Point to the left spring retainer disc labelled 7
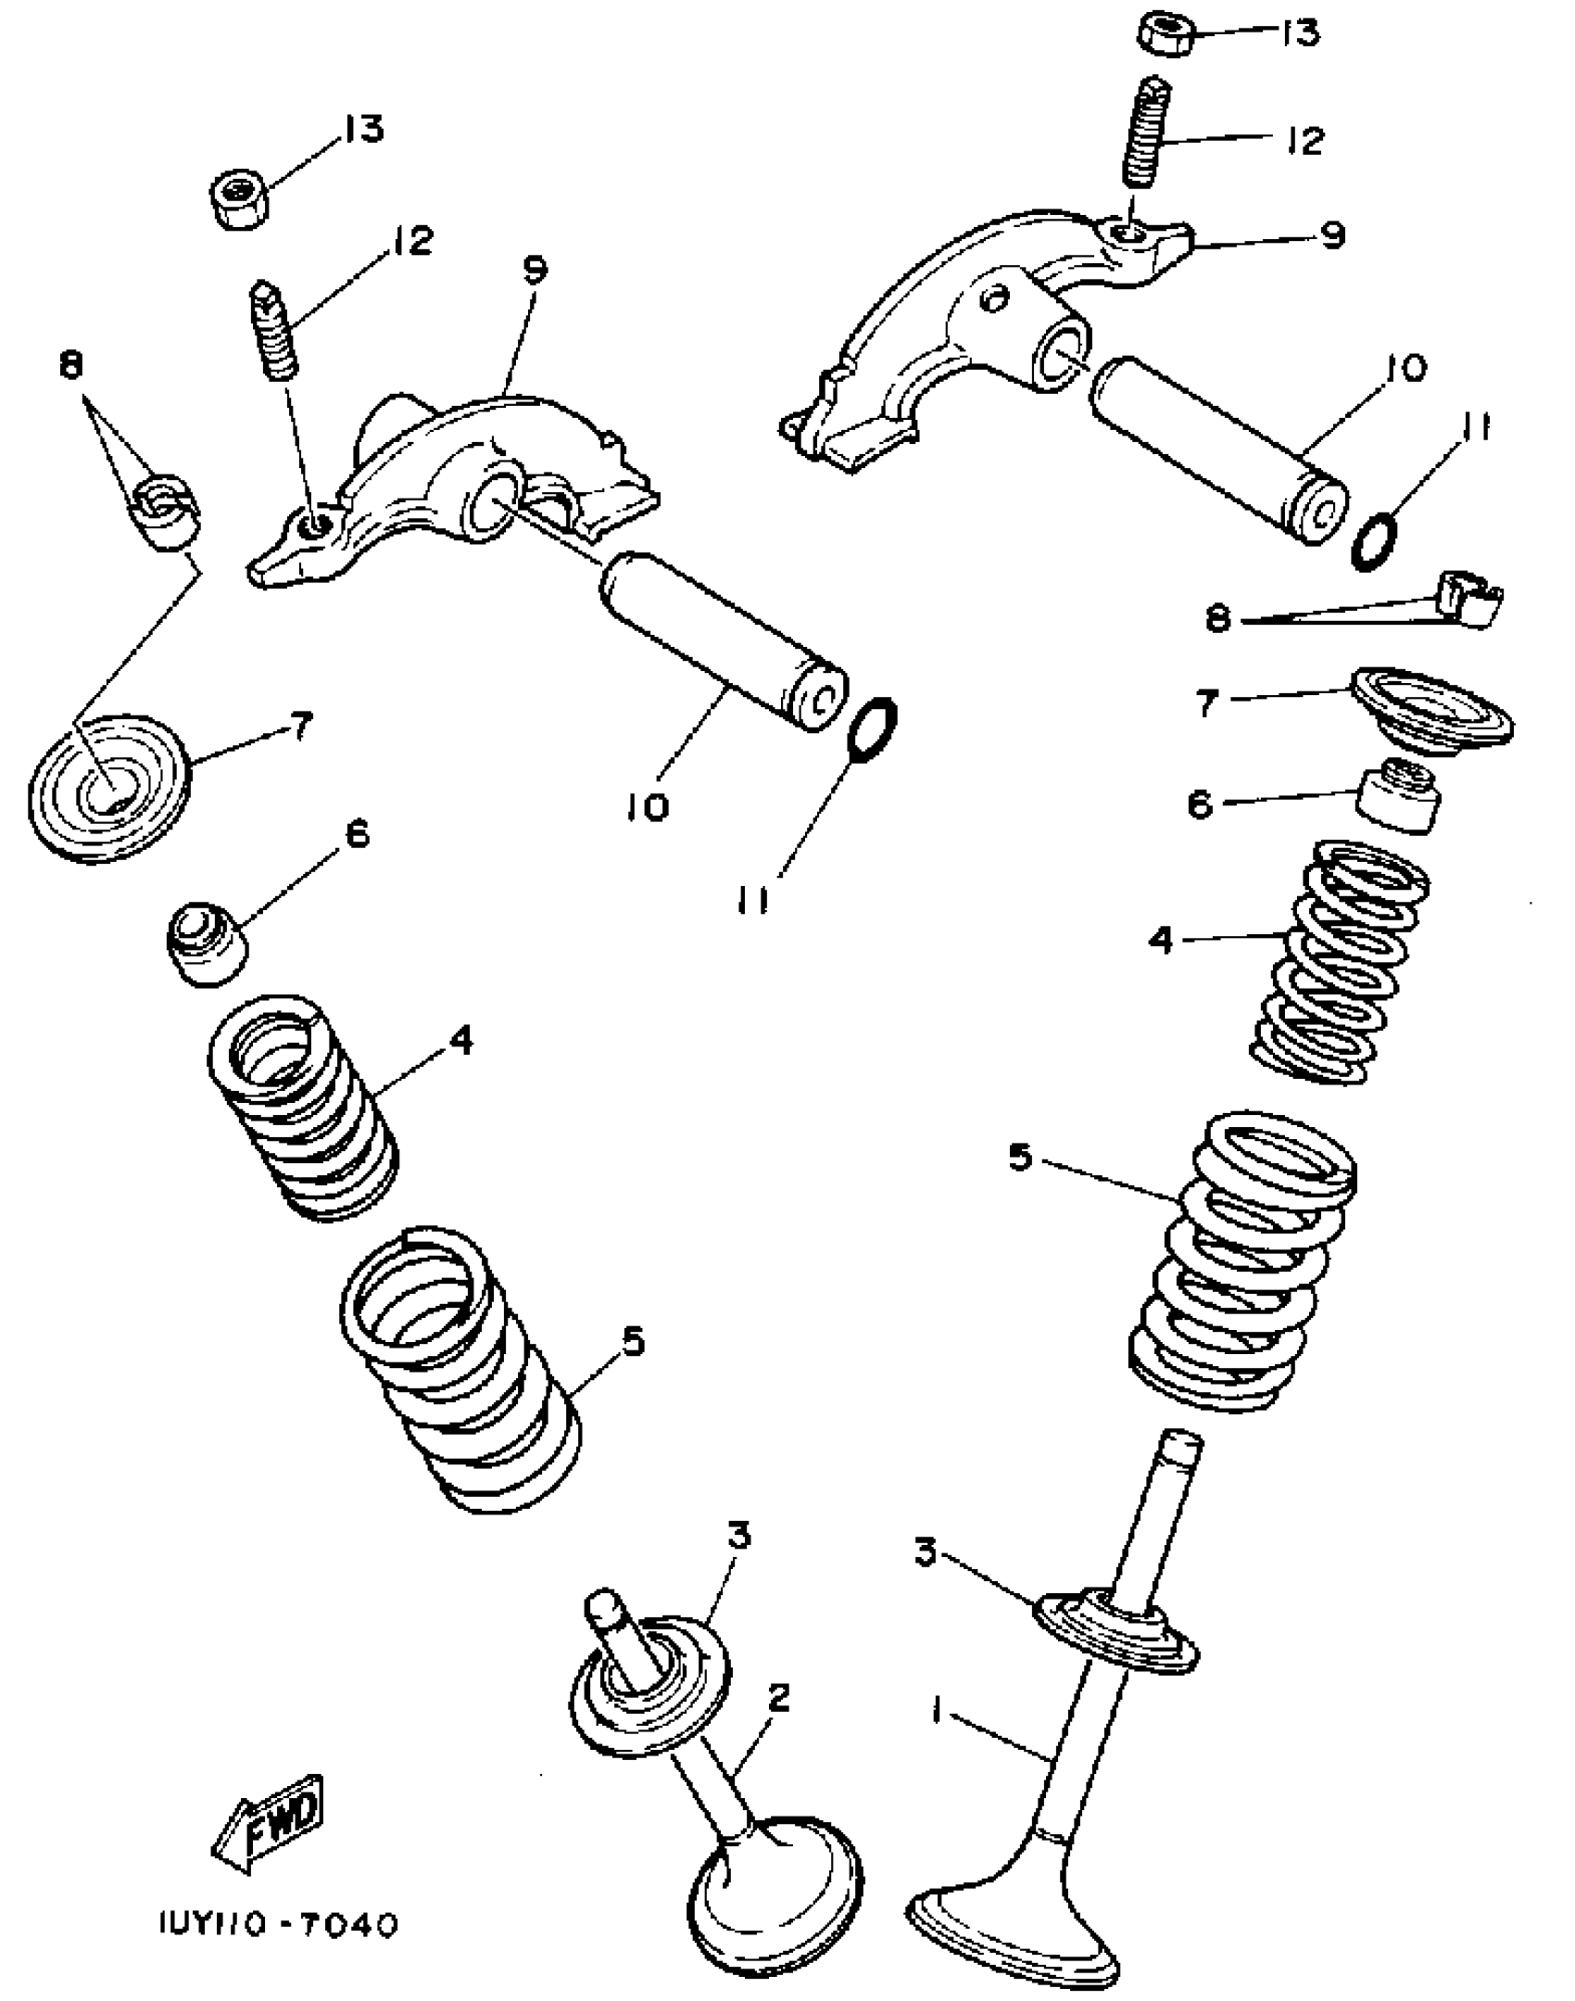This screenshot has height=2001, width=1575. click(109, 788)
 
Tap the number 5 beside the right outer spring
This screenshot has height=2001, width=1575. click(1020, 1157)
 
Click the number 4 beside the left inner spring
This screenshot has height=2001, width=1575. click(460, 1040)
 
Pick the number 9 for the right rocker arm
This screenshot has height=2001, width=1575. click(1331, 235)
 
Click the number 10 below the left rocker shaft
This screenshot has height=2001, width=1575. click(646, 807)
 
